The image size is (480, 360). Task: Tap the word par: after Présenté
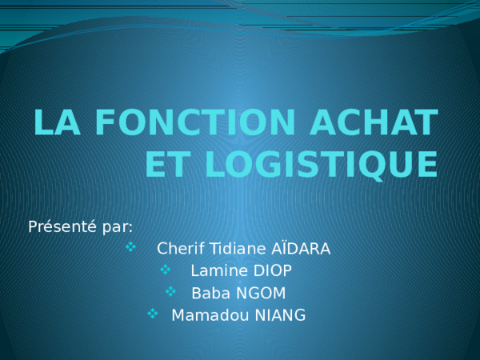coord(118,226)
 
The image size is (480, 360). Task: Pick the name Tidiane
coord(234,249)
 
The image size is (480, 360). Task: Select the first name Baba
coord(208,293)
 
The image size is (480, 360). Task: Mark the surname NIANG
coord(280,315)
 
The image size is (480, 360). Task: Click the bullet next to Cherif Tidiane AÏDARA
coord(132,248)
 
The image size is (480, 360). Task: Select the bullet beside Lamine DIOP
coord(166,270)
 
